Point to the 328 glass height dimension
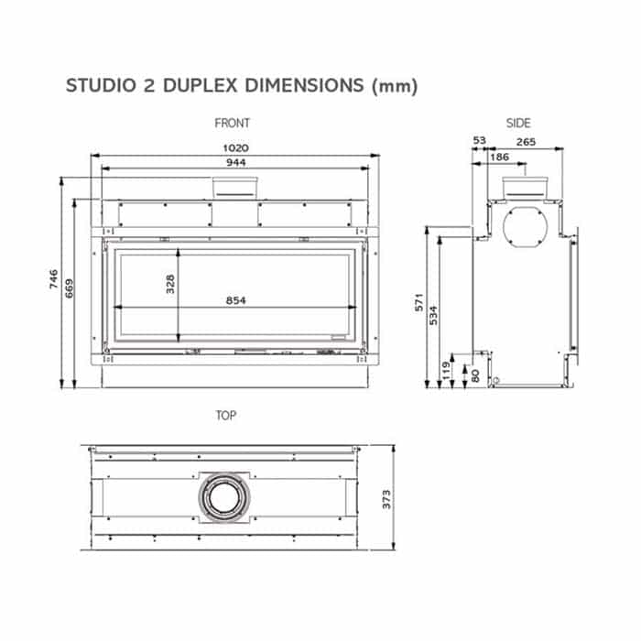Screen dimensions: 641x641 [x=170, y=284]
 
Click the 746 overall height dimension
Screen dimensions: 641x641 [x=54, y=279]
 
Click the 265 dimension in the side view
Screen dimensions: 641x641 [x=526, y=141]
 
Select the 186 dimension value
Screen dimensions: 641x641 [x=499, y=158]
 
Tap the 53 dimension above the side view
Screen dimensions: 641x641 [x=479, y=141]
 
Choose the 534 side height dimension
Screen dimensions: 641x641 [x=434, y=316]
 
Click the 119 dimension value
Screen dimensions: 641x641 [x=448, y=369]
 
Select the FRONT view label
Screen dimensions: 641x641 [x=232, y=123]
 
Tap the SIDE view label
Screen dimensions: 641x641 [x=518, y=123]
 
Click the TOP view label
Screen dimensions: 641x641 [x=225, y=416]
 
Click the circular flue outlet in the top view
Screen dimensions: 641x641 [x=223, y=499]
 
